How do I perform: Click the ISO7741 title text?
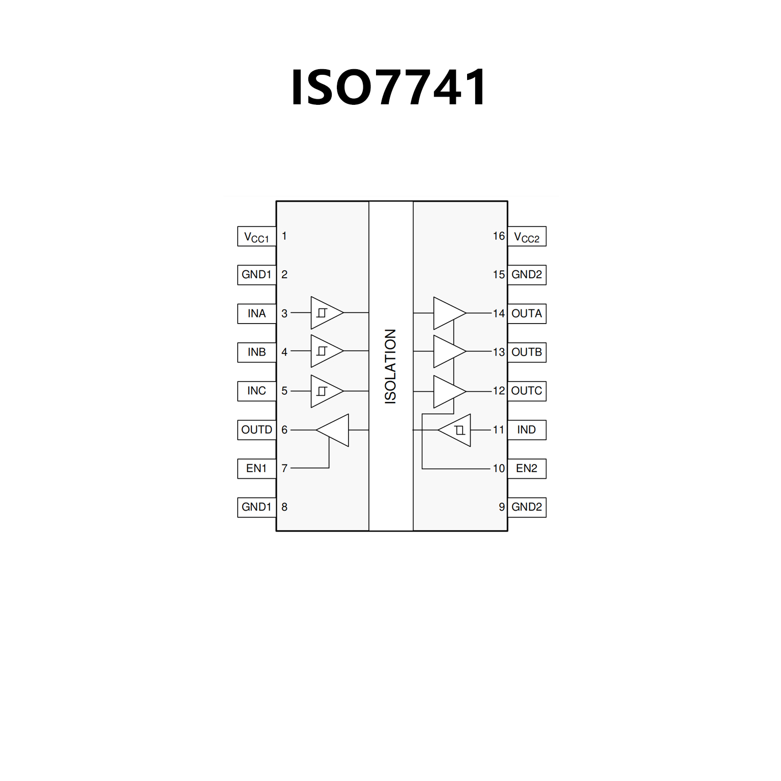tap(389, 88)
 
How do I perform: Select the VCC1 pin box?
tap(256, 237)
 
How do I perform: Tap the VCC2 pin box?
tap(527, 237)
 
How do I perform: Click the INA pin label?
tap(256, 313)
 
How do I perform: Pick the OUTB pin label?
tap(527, 352)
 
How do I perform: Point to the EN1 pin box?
tap(256, 469)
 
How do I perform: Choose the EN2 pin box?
tap(527, 469)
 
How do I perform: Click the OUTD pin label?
tap(256, 430)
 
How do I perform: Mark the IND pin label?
tap(527, 430)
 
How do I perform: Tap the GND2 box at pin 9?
tap(527, 507)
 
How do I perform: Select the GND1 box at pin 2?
tap(256, 275)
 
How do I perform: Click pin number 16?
tap(499, 236)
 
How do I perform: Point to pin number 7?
tap(284, 468)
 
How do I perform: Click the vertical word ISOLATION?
tap(390, 366)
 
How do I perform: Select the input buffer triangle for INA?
tap(325, 313)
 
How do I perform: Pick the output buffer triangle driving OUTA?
tap(448, 313)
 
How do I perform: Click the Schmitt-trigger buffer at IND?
tap(457, 430)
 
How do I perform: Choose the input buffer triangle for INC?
tap(325, 391)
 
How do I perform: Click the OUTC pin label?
tap(527, 391)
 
